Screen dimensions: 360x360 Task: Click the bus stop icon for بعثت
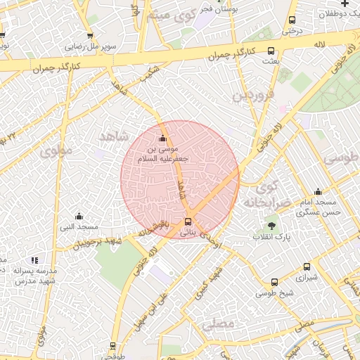point(271,51)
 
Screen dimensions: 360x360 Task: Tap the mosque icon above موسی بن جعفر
point(164,138)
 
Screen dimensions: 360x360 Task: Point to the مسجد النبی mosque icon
point(78,216)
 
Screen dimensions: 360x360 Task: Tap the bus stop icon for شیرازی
point(307,266)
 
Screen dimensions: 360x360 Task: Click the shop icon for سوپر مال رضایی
point(89,35)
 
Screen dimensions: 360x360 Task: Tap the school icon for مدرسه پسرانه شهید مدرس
point(35,260)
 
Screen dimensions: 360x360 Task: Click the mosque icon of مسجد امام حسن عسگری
point(318,191)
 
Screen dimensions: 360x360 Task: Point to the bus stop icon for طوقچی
point(112,345)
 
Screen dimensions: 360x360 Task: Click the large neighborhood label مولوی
point(56,150)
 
